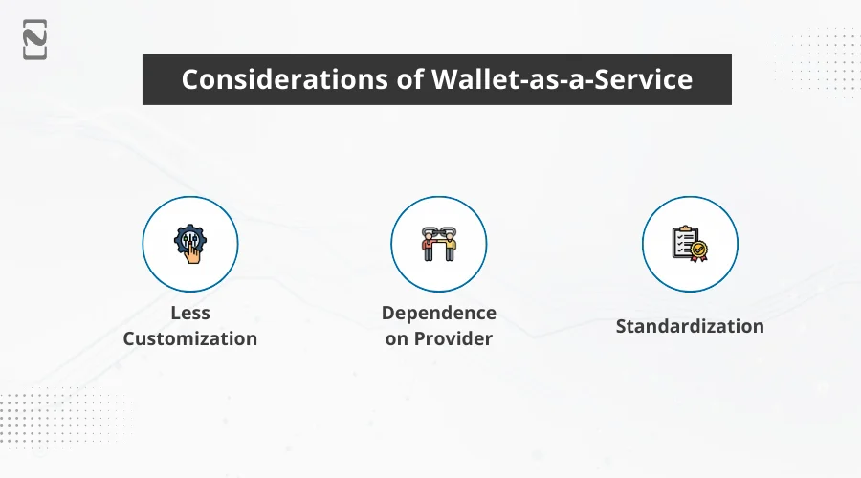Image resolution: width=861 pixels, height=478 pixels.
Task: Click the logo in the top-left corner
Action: (x=34, y=39)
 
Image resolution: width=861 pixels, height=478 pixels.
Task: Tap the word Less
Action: (x=189, y=314)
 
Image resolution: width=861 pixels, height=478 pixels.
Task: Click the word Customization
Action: (x=189, y=338)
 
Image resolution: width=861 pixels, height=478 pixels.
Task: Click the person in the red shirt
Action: (x=428, y=248)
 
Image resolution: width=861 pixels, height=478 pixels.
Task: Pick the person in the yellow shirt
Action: (x=451, y=248)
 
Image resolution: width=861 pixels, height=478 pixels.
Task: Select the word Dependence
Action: (x=439, y=314)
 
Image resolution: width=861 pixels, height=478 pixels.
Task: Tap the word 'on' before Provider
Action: (x=397, y=338)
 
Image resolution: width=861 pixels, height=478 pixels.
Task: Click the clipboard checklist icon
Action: (x=689, y=244)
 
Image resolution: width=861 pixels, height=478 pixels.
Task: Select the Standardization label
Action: (x=689, y=326)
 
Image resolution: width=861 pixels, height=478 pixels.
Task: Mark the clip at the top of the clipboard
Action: (x=686, y=229)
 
